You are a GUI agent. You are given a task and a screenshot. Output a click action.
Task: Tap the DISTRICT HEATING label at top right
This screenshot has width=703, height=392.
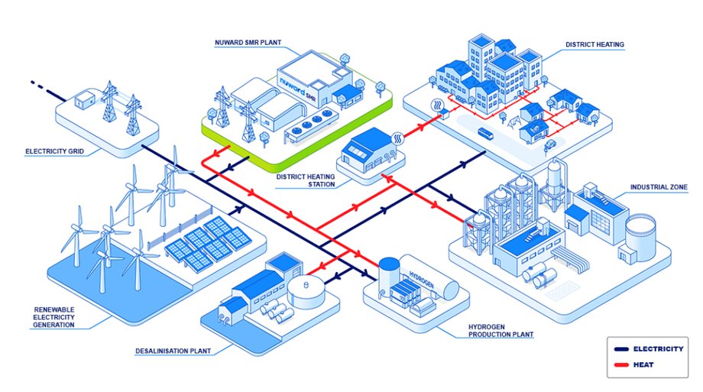594,45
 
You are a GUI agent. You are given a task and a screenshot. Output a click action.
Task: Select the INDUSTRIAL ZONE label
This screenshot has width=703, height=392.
659,186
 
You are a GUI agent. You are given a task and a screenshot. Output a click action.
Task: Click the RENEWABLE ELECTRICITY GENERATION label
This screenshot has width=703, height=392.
53,316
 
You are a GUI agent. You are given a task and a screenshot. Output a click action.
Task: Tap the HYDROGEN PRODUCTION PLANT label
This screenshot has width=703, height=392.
500,330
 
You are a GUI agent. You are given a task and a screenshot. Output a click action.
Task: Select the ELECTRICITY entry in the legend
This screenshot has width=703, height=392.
658,348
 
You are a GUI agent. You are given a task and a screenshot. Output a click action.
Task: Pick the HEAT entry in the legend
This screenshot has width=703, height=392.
643,364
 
